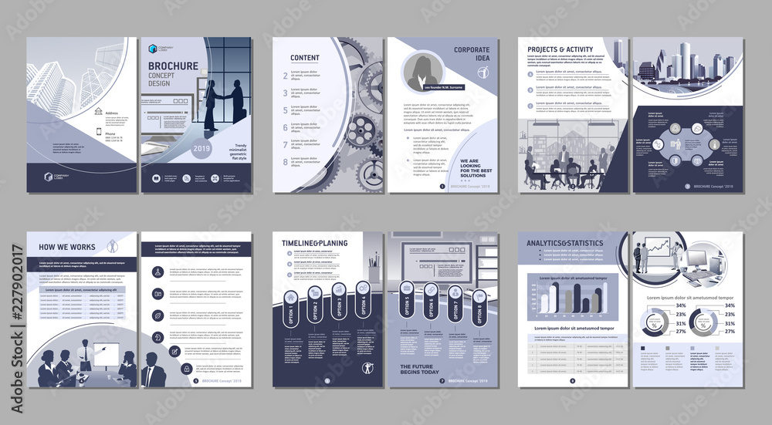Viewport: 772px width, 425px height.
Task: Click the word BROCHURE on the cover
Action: click(173, 66)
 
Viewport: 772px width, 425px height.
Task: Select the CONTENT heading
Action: click(305, 58)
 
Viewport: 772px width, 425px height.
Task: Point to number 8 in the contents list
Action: click(286, 162)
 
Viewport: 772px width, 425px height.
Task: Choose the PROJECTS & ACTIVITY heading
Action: click(561, 49)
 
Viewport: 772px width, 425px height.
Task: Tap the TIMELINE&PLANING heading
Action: click(314, 243)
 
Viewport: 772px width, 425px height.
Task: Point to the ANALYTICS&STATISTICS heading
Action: click(565, 244)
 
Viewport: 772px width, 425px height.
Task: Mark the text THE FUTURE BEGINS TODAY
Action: click(419, 369)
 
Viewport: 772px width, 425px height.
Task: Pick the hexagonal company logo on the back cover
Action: click(49, 176)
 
